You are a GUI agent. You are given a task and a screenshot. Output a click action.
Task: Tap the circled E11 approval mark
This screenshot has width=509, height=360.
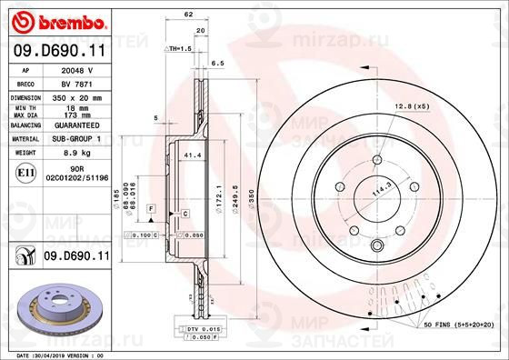click(x=26, y=172)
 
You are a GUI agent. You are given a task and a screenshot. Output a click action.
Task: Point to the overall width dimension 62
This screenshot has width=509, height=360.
click(x=188, y=15)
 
